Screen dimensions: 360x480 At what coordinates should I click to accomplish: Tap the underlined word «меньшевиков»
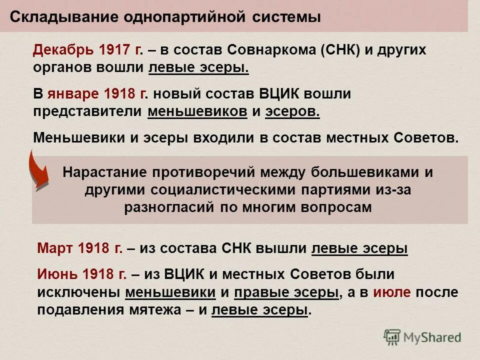coord(197,111)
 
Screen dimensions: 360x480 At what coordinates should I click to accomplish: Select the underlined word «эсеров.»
coord(292,111)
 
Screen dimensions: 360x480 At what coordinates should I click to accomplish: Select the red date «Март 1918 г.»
coord(80,248)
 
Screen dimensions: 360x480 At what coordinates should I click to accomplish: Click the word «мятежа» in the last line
coord(155,310)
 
